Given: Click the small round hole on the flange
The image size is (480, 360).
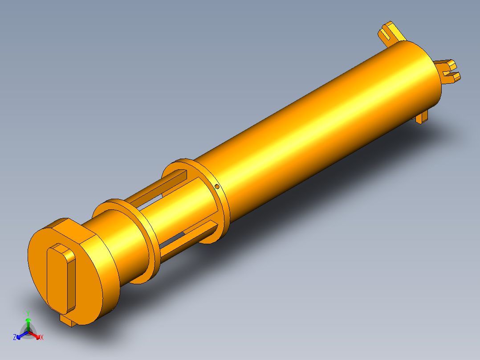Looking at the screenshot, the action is pos(217,186).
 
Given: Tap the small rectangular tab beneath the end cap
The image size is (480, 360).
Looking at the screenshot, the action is pos(68,320).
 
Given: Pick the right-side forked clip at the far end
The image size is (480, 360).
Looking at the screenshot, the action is pos(447,71).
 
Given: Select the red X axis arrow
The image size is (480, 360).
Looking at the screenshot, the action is pos(34,335).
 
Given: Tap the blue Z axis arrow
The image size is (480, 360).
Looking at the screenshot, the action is pos(22,335).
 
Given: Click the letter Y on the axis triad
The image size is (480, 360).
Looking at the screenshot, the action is pos(28,314).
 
